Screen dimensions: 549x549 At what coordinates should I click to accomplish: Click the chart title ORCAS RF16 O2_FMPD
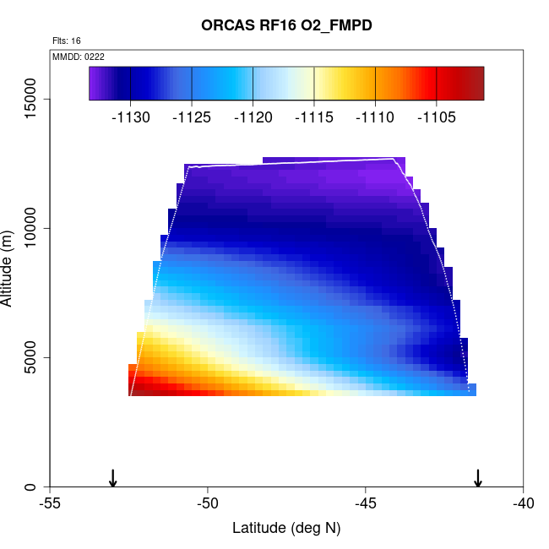coord(286,25)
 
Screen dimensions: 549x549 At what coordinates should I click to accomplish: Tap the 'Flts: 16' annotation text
coord(67,41)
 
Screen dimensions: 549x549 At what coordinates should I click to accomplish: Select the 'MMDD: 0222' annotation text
coord(79,56)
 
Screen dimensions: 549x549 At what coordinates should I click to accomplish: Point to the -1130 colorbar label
coord(131,117)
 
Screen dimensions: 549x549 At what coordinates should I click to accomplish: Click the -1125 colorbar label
coord(192,117)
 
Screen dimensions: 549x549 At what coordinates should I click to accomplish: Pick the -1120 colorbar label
coord(253,117)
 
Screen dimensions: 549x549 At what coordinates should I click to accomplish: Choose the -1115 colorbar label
coord(314,117)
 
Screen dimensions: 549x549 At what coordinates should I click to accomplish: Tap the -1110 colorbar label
coord(375,117)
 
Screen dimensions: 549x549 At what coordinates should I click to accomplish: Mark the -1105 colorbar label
coord(436,117)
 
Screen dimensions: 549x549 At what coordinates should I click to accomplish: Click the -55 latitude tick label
coord(50,504)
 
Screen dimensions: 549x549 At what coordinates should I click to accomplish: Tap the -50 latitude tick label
coord(208,504)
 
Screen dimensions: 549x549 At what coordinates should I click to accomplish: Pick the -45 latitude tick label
coord(366,504)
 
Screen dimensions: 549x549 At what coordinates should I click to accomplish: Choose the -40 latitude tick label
coord(523,504)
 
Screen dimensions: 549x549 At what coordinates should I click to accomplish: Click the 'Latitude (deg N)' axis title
coord(286,529)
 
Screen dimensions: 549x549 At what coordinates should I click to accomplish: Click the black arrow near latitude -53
coord(113,478)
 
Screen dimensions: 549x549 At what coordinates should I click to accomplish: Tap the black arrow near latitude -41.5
coord(478,478)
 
